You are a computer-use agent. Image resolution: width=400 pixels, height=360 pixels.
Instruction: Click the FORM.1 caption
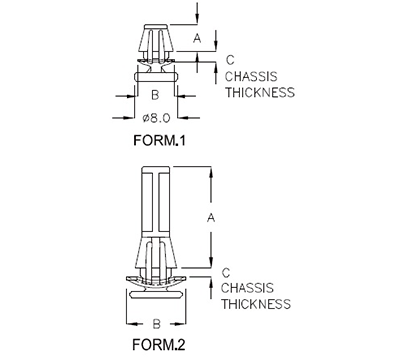160,140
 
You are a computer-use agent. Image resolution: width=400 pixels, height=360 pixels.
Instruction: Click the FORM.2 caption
160,349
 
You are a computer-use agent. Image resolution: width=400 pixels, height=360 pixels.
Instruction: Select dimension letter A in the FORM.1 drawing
197,37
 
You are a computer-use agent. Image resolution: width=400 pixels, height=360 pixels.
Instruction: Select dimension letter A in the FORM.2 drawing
210,214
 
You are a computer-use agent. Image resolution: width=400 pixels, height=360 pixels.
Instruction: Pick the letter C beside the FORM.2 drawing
228,272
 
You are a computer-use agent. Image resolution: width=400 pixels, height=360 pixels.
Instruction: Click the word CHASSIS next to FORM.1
253,76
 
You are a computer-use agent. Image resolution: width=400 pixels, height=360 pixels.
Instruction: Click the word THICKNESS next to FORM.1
260,92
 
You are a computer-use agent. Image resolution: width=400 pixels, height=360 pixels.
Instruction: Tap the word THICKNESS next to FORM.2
256,304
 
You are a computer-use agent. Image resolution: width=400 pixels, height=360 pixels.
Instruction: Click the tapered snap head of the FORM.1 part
155,40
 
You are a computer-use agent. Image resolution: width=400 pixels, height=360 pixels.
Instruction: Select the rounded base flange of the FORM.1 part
155,73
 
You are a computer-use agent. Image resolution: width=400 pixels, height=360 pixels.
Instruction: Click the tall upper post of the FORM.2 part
155,205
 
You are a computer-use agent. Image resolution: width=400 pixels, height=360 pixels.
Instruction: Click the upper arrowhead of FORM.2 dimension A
210,172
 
